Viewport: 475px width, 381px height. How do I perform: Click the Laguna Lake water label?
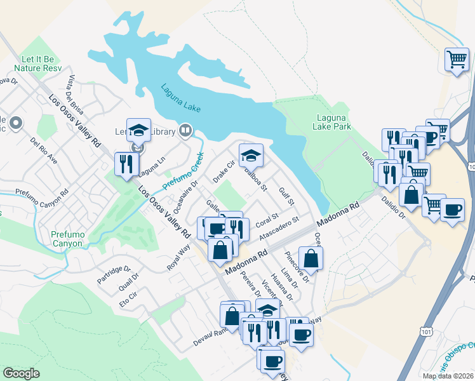pos(180,98)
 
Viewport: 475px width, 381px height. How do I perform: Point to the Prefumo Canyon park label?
pos(67,239)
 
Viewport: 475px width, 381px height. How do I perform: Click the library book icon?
pos(185,130)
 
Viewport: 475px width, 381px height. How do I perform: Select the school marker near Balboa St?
pos(251,155)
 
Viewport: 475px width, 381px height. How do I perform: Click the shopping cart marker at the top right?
pos(457,60)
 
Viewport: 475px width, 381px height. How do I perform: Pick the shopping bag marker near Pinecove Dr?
pos(311,258)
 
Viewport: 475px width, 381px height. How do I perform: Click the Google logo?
pos(22,373)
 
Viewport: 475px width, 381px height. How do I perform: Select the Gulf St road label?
pos(287,193)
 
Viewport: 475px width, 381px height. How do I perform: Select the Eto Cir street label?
pos(128,298)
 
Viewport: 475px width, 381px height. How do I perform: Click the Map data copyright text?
pos(447,376)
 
